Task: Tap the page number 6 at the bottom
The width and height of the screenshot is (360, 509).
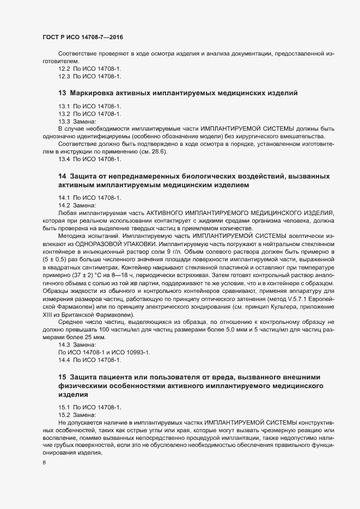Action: coord(44,463)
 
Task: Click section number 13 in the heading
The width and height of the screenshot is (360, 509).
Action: coord(62,93)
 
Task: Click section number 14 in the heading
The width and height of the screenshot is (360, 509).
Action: coord(62,177)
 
